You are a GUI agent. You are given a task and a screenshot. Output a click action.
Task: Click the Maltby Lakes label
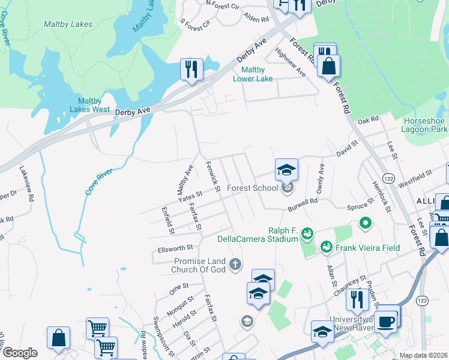pos(68,25)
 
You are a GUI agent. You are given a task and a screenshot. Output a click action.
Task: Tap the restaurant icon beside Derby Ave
pos(192,69)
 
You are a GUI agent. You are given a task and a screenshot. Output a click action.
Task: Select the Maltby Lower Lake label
pos(253,74)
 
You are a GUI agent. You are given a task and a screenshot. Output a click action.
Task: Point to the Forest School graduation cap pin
pos(287,170)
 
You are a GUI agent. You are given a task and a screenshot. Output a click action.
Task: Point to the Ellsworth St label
pos(175,247)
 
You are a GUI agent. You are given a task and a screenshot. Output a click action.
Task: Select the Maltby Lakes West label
pos(89,105)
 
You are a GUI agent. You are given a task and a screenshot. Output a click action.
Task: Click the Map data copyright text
pos(423,355)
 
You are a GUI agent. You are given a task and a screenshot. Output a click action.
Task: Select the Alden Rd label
pos(257,20)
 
